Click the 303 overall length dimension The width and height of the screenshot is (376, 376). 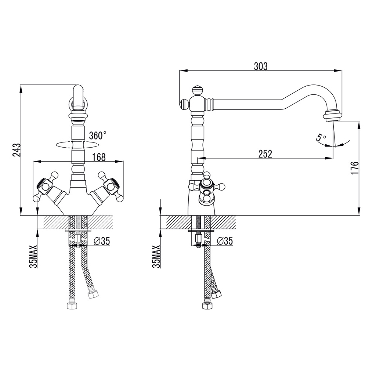(x=261, y=66)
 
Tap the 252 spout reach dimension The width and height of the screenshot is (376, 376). (x=265, y=154)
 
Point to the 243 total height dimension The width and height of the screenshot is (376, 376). (x=16, y=150)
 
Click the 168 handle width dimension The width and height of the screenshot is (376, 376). (x=99, y=157)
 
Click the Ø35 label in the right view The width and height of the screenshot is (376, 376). (x=224, y=241)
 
